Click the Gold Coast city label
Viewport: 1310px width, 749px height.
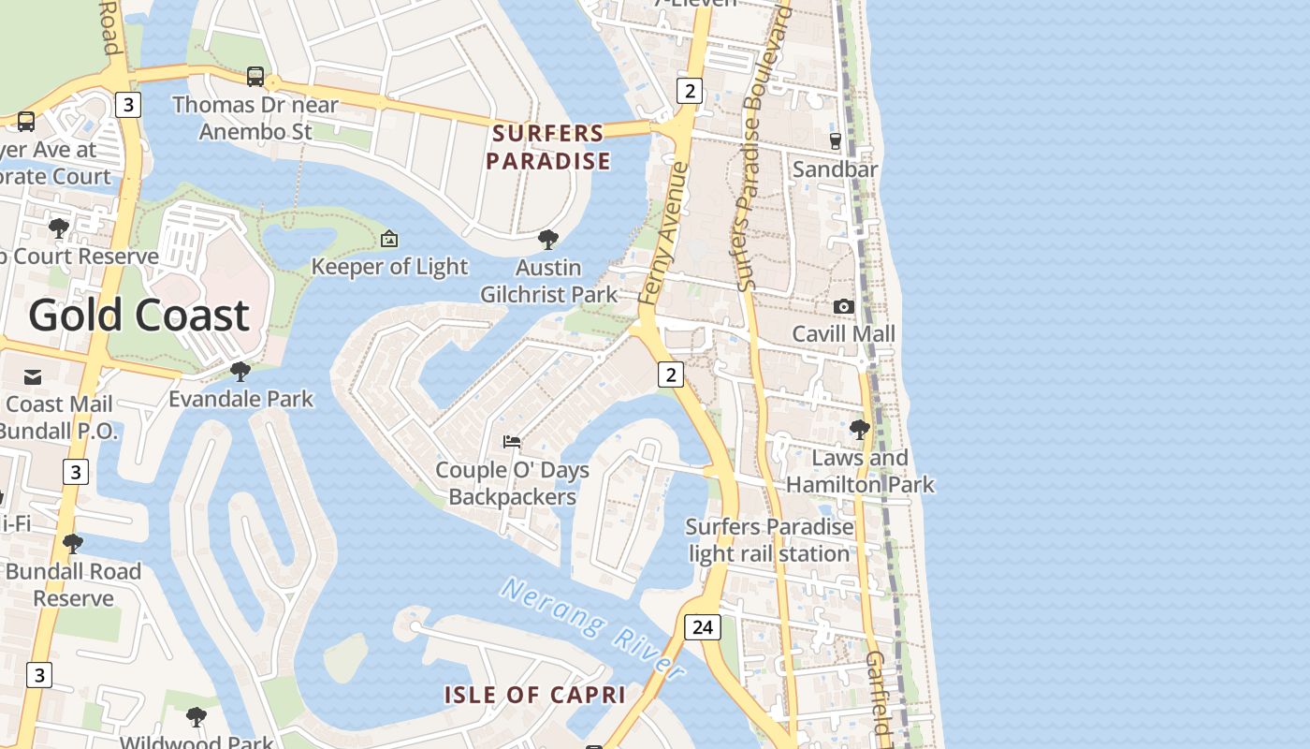[x=138, y=316]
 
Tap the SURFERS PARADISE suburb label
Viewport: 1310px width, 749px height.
[x=548, y=147]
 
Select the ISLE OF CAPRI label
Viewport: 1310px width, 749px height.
[x=534, y=695]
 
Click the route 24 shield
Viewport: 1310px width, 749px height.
[x=703, y=626]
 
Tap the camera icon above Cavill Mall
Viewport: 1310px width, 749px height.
[x=843, y=306]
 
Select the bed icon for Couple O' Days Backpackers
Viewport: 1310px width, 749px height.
[x=512, y=441]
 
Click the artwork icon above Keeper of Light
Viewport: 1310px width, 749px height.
[x=389, y=240]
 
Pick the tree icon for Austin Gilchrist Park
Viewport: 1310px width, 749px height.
[x=548, y=240]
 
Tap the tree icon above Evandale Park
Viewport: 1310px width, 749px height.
[x=240, y=372]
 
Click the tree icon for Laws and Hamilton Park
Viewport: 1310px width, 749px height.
[x=859, y=430]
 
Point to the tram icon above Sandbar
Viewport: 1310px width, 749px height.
[x=835, y=141]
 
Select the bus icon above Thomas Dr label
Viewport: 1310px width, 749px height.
[x=255, y=77]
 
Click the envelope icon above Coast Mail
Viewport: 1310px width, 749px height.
[x=33, y=377]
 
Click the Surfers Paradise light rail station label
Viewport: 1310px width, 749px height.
[x=769, y=540]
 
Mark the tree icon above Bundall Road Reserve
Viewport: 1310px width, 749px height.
[x=72, y=544]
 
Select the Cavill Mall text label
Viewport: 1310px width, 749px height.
[x=843, y=334]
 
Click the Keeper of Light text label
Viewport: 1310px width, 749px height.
[x=389, y=267]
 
